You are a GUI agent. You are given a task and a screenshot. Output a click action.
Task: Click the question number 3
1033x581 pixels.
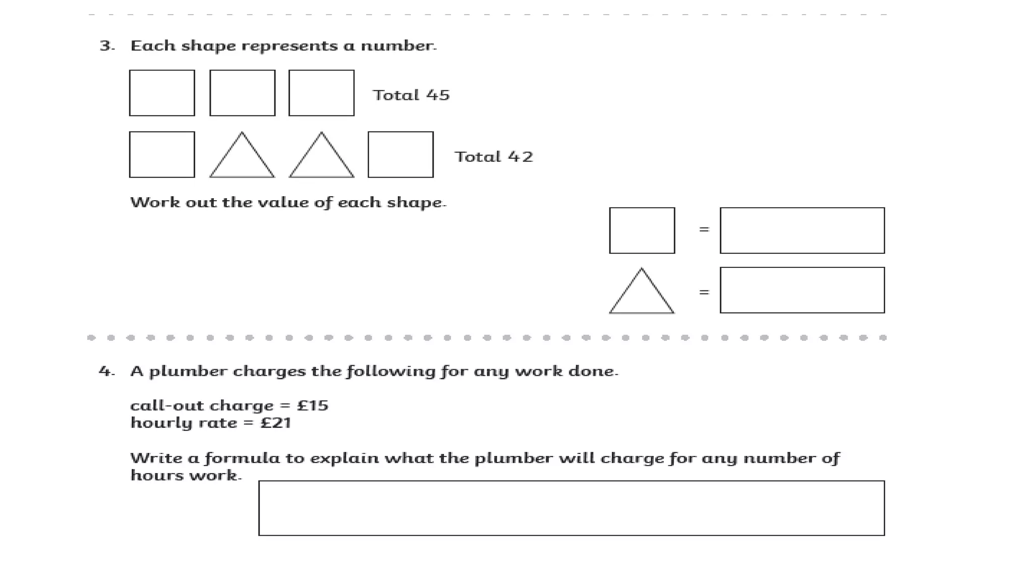(x=106, y=46)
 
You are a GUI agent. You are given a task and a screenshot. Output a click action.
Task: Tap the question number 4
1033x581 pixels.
(x=106, y=372)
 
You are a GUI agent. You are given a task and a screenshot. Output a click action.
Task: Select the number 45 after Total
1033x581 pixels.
(x=437, y=95)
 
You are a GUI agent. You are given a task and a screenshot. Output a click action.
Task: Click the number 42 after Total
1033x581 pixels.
(x=520, y=157)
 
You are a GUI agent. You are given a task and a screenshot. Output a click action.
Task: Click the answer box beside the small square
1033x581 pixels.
(x=802, y=230)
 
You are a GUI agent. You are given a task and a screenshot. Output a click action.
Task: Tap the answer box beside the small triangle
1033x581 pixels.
(x=802, y=290)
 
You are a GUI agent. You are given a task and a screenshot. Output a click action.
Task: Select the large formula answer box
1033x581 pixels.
(x=571, y=508)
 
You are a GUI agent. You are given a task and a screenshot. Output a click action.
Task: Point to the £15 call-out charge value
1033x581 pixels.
(x=312, y=406)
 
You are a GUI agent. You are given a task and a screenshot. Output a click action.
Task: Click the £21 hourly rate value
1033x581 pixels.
(x=275, y=423)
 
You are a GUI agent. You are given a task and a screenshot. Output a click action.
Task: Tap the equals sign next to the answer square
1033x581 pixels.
(x=704, y=230)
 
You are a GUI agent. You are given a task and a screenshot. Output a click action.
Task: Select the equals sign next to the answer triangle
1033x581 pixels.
(x=704, y=292)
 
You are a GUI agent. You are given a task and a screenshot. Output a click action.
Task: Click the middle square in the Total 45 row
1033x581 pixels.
(x=242, y=93)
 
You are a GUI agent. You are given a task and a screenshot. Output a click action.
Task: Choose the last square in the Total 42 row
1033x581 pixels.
(x=400, y=155)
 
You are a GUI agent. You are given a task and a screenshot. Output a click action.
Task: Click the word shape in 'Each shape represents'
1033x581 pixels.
(x=208, y=46)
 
